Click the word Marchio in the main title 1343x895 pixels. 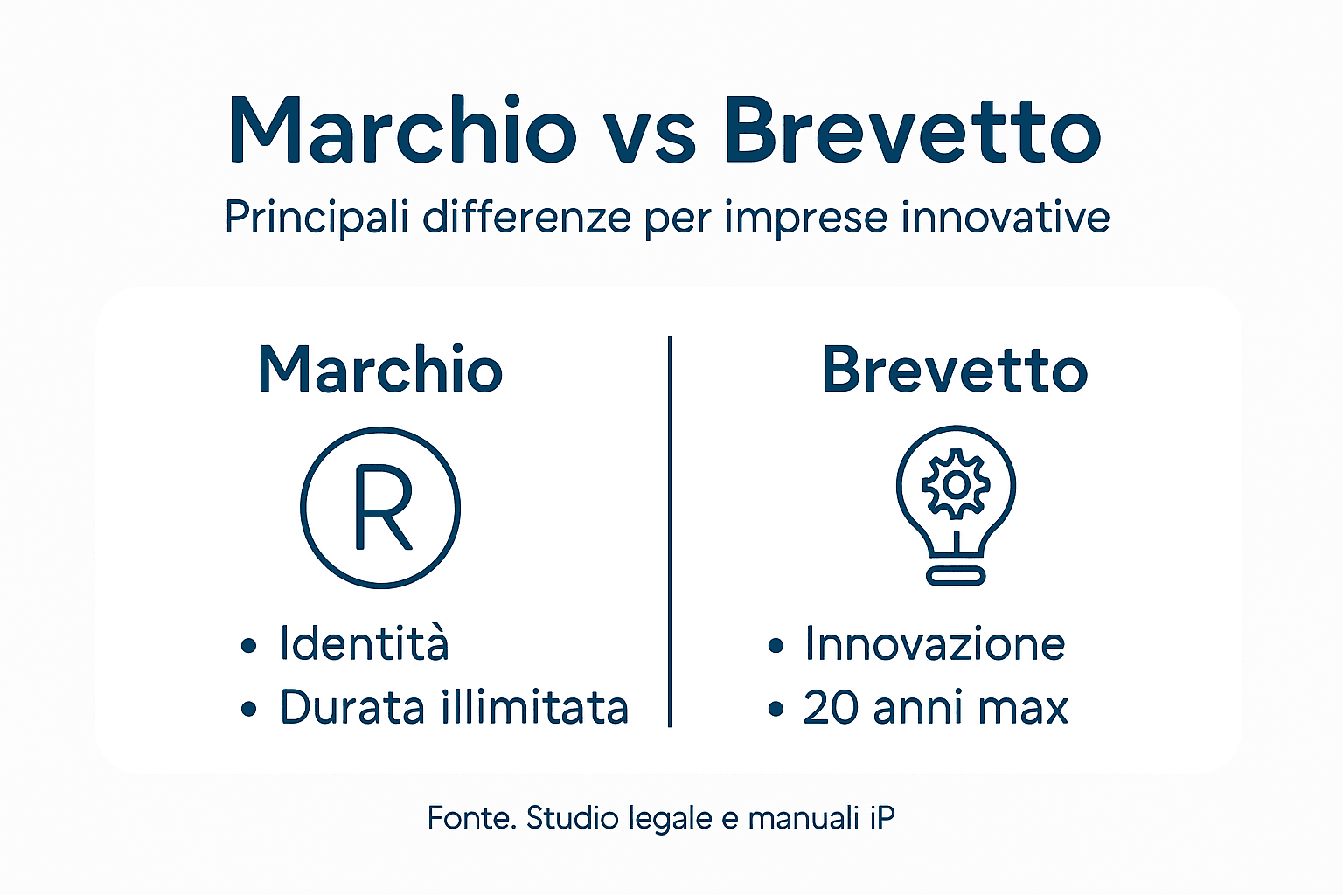tap(402, 131)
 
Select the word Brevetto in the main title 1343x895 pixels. tap(912, 131)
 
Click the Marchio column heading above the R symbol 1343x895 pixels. tap(380, 370)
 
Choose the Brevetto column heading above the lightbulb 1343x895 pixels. tap(955, 370)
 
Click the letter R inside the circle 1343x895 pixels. tap(382, 508)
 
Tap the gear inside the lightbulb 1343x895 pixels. tap(956, 484)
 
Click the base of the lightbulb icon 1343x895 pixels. tap(956, 575)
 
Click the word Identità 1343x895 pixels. tap(364, 644)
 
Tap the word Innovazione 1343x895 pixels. tap(935, 644)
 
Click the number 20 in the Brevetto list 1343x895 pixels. tap(831, 708)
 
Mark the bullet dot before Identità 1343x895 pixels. tap(249, 646)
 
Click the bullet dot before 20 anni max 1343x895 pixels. tap(776, 709)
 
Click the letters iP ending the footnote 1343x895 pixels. tap(882, 818)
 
